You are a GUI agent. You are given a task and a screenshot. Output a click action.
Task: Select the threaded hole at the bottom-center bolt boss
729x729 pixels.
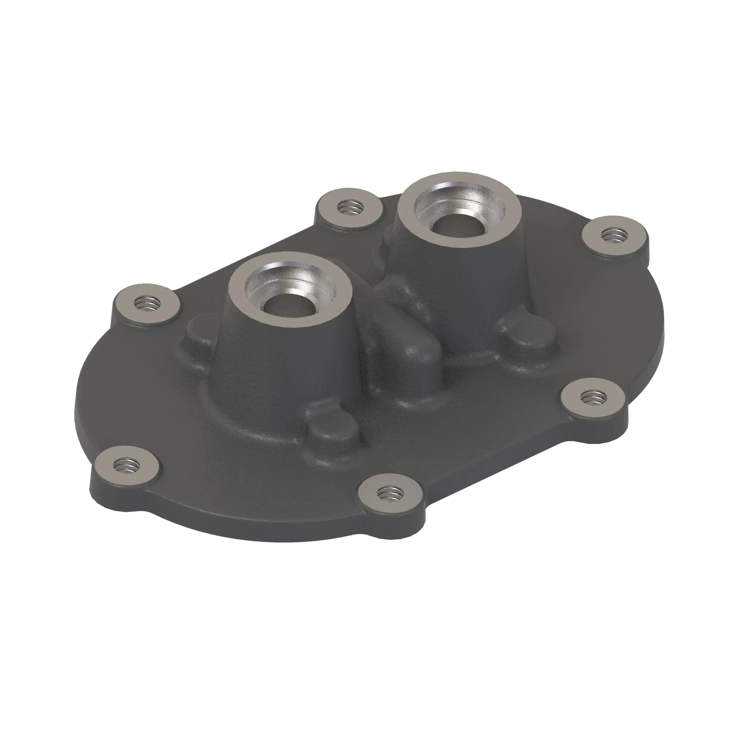pyautogui.click(x=390, y=492)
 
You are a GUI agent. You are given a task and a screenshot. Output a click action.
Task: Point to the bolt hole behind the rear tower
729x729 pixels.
pyautogui.click(x=350, y=207)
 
